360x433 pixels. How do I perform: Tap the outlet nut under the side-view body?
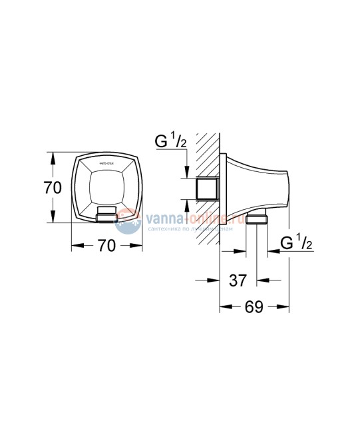coord(256,219)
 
